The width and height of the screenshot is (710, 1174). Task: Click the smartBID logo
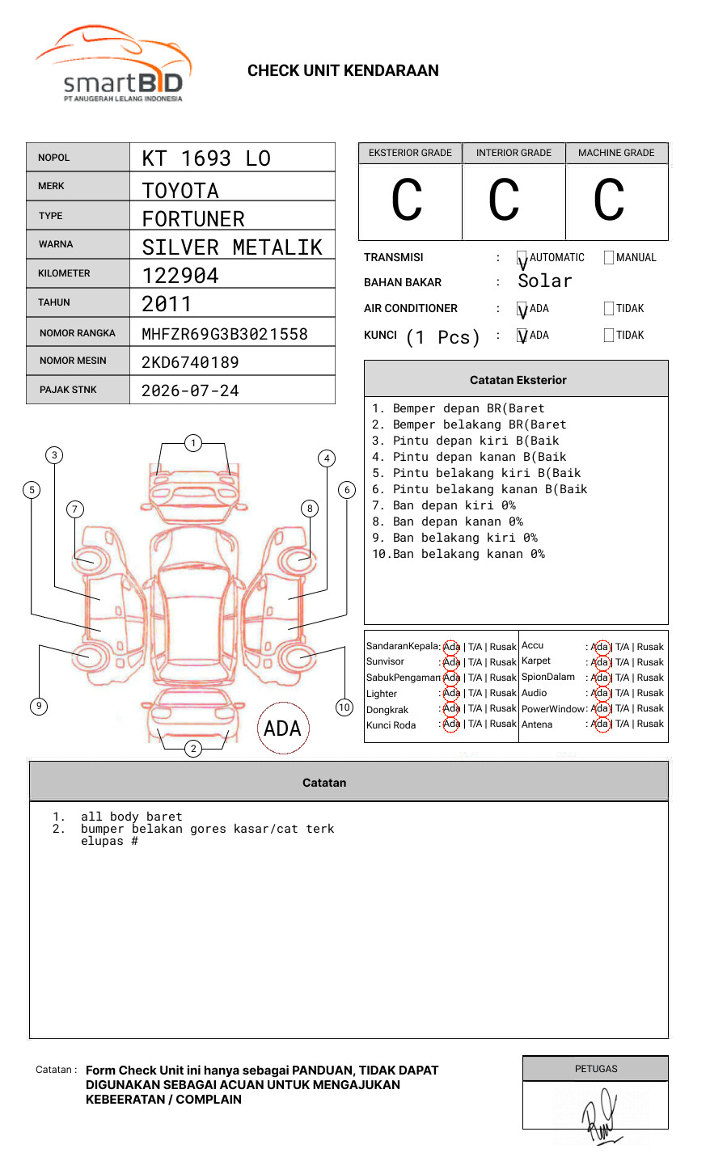pos(113,65)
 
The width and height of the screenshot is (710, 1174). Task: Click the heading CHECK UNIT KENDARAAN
pos(343,71)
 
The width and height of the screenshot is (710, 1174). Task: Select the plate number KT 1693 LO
pos(206,158)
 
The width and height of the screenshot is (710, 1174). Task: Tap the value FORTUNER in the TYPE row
pos(193,219)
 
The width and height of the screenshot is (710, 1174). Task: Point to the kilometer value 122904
pos(180,276)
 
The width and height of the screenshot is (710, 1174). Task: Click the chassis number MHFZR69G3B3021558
pos(225,334)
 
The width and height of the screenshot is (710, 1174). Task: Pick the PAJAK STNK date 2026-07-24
pos(191,391)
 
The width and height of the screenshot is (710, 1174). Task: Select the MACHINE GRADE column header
pos(616,153)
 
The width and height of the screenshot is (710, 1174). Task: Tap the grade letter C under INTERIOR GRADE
pos(504,201)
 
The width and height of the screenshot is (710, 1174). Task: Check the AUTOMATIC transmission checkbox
pos(522,258)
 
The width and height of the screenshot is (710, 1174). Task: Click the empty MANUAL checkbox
pos(609,258)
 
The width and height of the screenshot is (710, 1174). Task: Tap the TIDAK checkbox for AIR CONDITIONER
pos(609,309)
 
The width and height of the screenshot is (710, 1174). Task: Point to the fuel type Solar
pos(545,281)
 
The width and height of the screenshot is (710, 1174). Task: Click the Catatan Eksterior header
pos(518,380)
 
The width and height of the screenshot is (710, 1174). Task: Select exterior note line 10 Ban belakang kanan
pos(459,554)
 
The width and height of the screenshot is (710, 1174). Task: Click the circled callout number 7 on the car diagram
pos(75,509)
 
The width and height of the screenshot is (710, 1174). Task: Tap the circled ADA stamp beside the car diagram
pos(283,728)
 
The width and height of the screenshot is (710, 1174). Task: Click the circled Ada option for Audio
pos(600,693)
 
